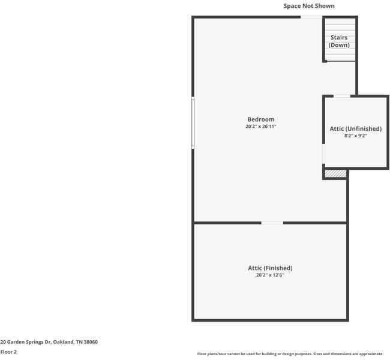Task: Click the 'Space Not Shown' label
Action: [x=309, y=6]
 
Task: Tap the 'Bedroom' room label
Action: [x=260, y=119]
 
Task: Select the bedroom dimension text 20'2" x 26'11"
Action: [x=260, y=127]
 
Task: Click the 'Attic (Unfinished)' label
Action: [x=355, y=128]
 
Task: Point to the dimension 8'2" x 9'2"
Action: [x=355, y=136]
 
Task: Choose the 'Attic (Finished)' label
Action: [x=270, y=268]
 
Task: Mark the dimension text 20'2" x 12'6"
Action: [x=270, y=275]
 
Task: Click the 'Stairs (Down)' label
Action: [x=339, y=41]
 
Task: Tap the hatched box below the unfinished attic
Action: [x=335, y=173]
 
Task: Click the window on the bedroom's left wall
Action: [x=193, y=123]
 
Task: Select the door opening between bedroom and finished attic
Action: [x=272, y=223]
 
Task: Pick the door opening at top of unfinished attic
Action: [x=342, y=96]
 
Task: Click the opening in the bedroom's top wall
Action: [x=310, y=17]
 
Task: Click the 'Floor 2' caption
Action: [x=8, y=352]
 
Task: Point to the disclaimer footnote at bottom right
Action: [x=290, y=354]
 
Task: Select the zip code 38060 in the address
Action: [x=91, y=342]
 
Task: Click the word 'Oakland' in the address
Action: [x=63, y=342]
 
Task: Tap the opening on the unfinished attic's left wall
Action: [x=323, y=154]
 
